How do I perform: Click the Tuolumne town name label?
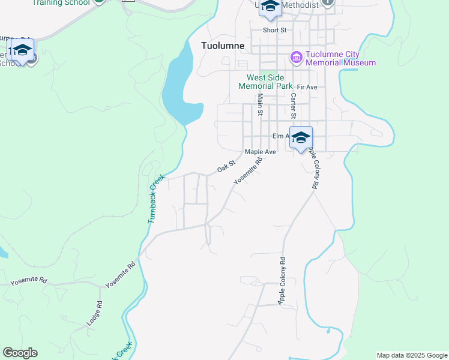(x=222, y=46)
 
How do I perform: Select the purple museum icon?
(x=296, y=58)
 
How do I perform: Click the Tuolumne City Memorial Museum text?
(x=340, y=58)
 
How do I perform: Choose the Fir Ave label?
(x=306, y=88)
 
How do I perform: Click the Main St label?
(x=261, y=106)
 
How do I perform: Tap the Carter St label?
(x=294, y=106)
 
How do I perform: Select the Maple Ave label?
(x=260, y=152)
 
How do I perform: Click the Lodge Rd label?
(x=95, y=313)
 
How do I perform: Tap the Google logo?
(x=19, y=353)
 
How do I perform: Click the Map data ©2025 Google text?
(x=412, y=355)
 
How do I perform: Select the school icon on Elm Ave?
(x=301, y=137)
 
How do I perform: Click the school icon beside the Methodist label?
(x=270, y=7)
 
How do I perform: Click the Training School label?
(x=61, y=3)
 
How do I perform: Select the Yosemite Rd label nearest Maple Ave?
(x=249, y=170)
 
